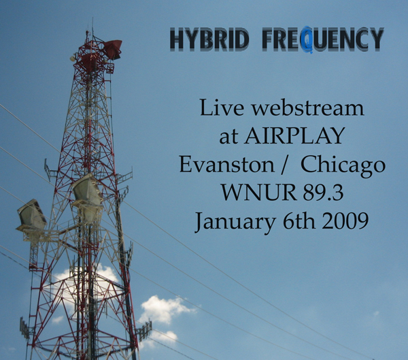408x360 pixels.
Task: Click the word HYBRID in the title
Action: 209,39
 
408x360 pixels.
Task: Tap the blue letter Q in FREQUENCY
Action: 306,39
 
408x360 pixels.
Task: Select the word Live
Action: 222,108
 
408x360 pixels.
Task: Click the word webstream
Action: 307,108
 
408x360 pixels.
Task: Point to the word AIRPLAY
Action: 294,135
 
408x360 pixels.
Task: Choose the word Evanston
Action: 226,165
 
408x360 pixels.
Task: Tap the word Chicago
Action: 343,166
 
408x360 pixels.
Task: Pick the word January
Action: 235,222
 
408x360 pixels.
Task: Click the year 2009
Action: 345,220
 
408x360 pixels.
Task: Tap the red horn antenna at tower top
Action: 113,49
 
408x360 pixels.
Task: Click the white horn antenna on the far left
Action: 31,216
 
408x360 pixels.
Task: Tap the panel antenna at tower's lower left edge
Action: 24,328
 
